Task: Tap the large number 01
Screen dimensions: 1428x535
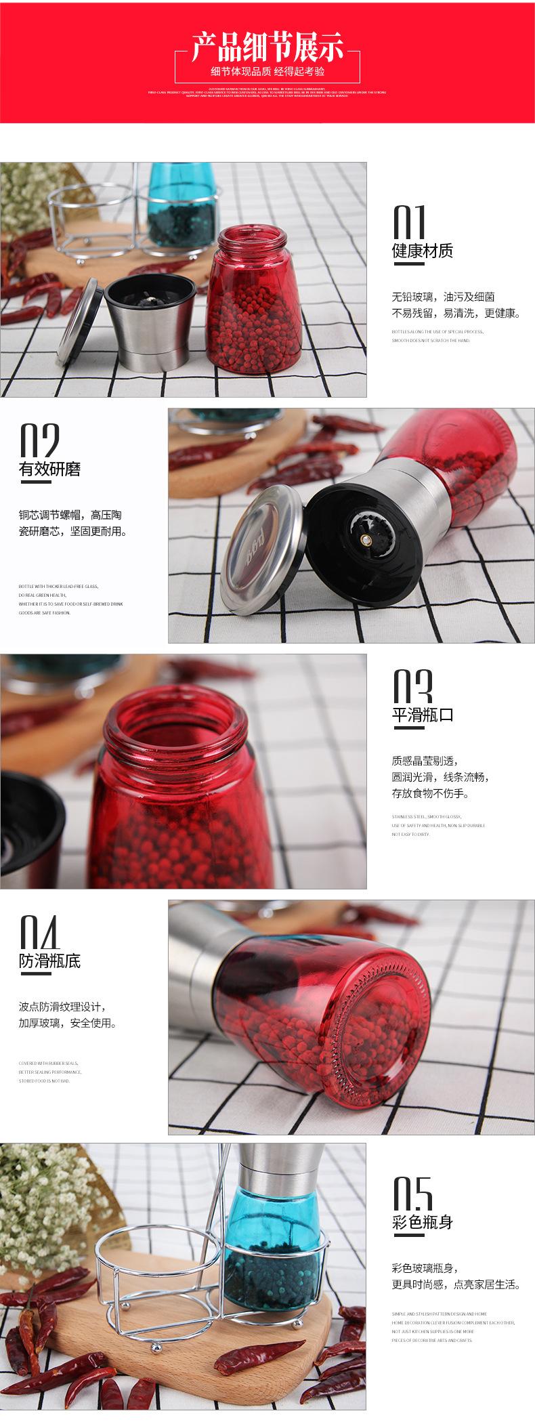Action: pos(410,221)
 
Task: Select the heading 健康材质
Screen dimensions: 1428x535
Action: pos(422,251)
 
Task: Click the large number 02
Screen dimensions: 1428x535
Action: pos(39,440)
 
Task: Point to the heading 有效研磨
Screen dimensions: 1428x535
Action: pos(49,469)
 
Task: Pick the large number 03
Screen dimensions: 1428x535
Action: pos(412,686)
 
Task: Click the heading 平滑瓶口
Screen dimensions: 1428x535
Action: pos(422,715)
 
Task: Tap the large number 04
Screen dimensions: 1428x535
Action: pos(40,932)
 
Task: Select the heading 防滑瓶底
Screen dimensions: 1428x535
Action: pos(49,961)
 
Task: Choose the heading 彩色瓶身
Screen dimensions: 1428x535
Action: pos(422,1222)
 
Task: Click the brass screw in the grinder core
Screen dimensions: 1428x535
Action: pos(366,539)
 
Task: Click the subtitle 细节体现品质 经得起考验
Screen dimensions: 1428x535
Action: pos(267,72)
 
